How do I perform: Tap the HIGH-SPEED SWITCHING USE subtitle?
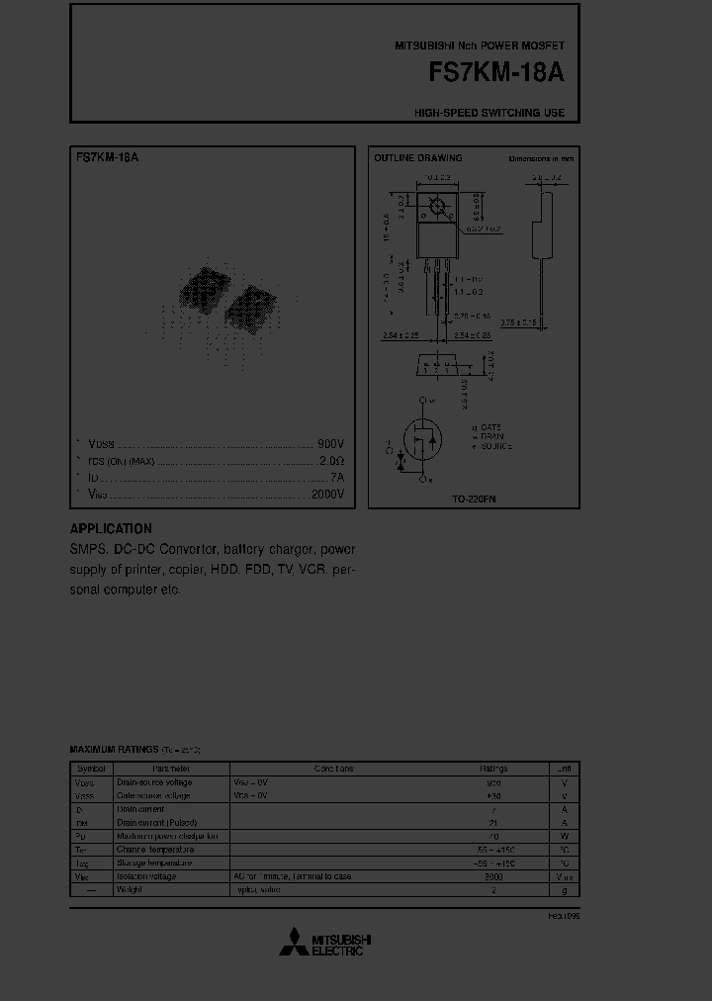click(489, 113)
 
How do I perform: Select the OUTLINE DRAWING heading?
click(417, 158)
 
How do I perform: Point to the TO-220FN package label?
click(473, 500)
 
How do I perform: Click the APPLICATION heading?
click(111, 529)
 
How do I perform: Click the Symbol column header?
click(91, 769)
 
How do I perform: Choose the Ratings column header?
click(493, 769)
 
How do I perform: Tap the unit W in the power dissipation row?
click(564, 836)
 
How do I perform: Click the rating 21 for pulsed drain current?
click(493, 823)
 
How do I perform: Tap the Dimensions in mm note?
click(540, 158)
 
